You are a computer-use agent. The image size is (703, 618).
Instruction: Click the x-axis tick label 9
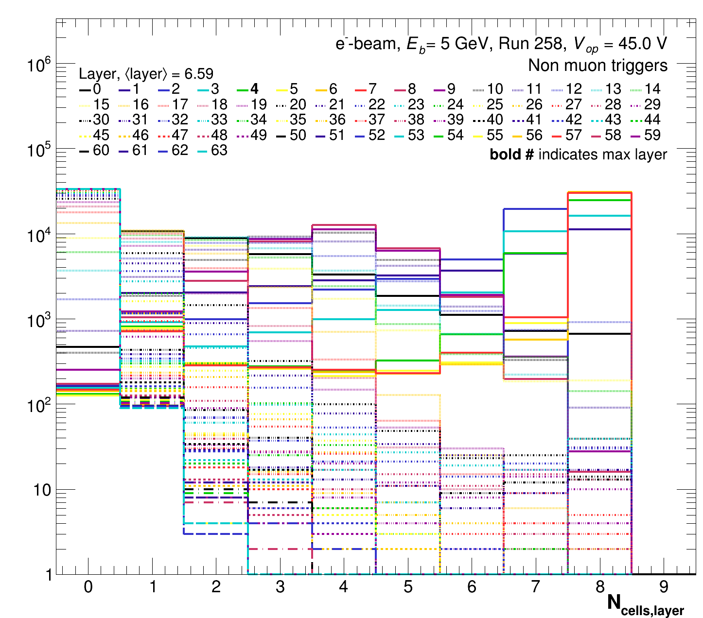point(664,587)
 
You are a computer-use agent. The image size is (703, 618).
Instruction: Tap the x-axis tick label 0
point(88,587)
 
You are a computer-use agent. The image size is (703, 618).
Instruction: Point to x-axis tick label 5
point(408,587)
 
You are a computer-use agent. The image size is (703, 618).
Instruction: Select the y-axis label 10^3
point(40,321)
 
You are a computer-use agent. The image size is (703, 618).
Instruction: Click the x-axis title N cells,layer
point(645,604)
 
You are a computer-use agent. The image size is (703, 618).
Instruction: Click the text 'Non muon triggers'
point(598,65)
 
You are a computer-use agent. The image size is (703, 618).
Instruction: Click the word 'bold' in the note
point(505,154)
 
